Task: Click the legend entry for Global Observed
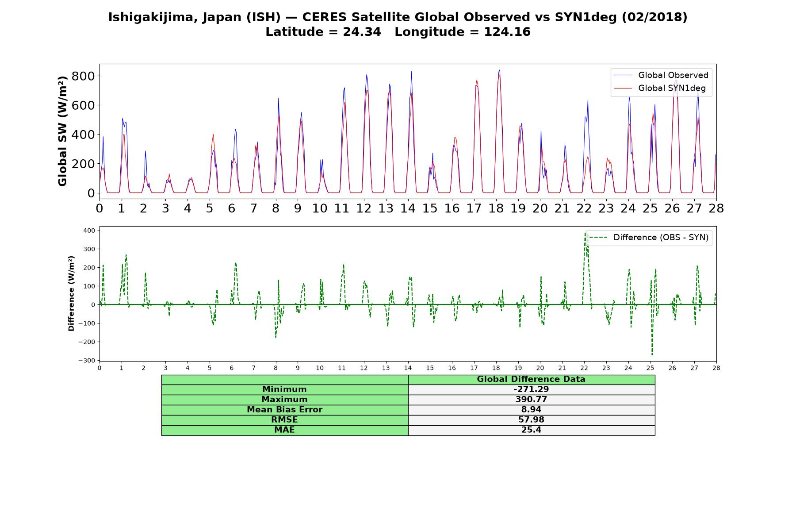(x=662, y=75)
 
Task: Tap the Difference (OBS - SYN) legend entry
(x=649, y=238)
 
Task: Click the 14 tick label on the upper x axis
(x=408, y=208)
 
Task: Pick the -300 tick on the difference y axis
(x=87, y=361)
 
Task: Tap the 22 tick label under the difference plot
(x=584, y=368)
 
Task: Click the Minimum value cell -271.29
(x=531, y=389)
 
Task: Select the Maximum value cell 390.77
(x=531, y=400)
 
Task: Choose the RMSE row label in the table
(x=284, y=420)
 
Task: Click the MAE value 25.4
(x=531, y=430)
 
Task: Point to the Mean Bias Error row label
(x=284, y=410)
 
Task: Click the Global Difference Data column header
(x=531, y=379)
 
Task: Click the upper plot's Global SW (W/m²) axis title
(x=62, y=131)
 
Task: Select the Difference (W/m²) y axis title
(x=71, y=294)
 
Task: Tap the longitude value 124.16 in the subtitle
(x=507, y=32)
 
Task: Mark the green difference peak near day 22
(x=585, y=232)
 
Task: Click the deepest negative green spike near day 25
(x=652, y=354)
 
